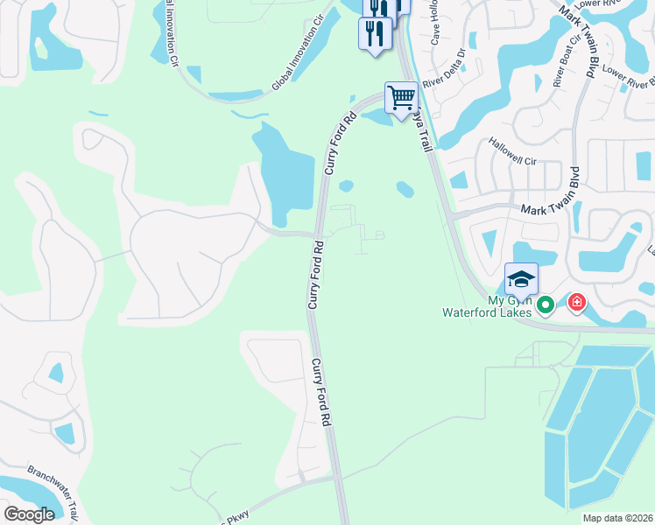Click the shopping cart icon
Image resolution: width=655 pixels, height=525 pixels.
401,96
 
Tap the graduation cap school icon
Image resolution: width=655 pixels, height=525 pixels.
521,278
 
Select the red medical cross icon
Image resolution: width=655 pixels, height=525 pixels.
576,304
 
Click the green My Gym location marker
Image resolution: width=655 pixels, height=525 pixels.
546,304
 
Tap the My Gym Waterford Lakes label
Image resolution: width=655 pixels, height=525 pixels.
488,305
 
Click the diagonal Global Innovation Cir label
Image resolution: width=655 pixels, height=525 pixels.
303,61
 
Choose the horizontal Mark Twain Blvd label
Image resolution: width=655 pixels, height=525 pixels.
557,210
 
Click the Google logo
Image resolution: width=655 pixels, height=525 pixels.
29,514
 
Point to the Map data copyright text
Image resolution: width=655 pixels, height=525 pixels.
617,518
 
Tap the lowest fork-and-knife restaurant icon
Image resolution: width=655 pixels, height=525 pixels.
374,34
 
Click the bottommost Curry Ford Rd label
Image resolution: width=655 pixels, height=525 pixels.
321,392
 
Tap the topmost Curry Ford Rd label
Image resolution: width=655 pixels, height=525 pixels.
341,143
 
